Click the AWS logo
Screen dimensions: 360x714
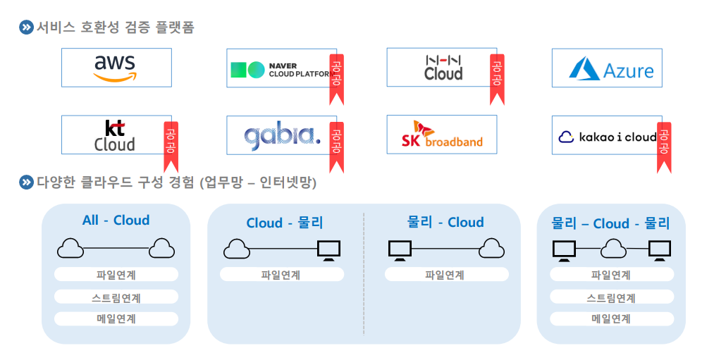(x=115, y=68)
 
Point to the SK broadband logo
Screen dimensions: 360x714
(x=441, y=135)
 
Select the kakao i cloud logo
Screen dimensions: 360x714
(x=607, y=137)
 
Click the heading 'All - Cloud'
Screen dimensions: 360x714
(x=116, y=220)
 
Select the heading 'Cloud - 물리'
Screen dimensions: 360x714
(x=285, y=223)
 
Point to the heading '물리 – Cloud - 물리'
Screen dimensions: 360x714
(x=610, y=223)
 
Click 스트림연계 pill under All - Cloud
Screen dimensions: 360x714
(x=116, y=297)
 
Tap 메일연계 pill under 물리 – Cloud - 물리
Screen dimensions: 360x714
(x=610, y=318)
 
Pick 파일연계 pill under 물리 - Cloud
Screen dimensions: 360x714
(x=445, y=275)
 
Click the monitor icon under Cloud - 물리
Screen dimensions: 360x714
(x=328, y=249)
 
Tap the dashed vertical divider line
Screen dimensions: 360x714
(x=364, y=274)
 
